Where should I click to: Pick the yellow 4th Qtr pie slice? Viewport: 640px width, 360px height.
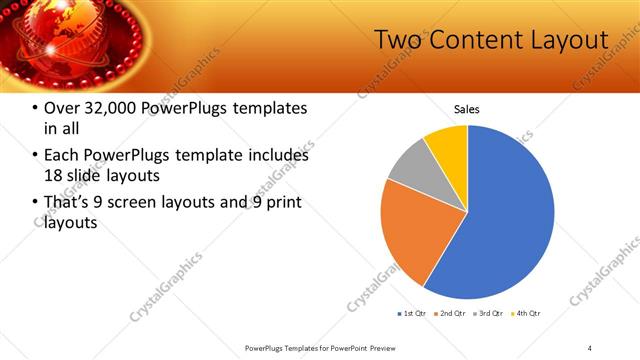(x=448, y=146)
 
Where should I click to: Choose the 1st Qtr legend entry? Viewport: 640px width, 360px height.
(x=412, y=314)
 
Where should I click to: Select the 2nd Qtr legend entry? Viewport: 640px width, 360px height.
(x=450, y=314)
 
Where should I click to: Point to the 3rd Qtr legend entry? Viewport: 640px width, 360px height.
(x=487, y=314)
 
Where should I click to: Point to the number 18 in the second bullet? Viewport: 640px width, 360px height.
(x=53, y=175)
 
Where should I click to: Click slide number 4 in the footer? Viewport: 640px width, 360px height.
(x=589, y=347)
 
